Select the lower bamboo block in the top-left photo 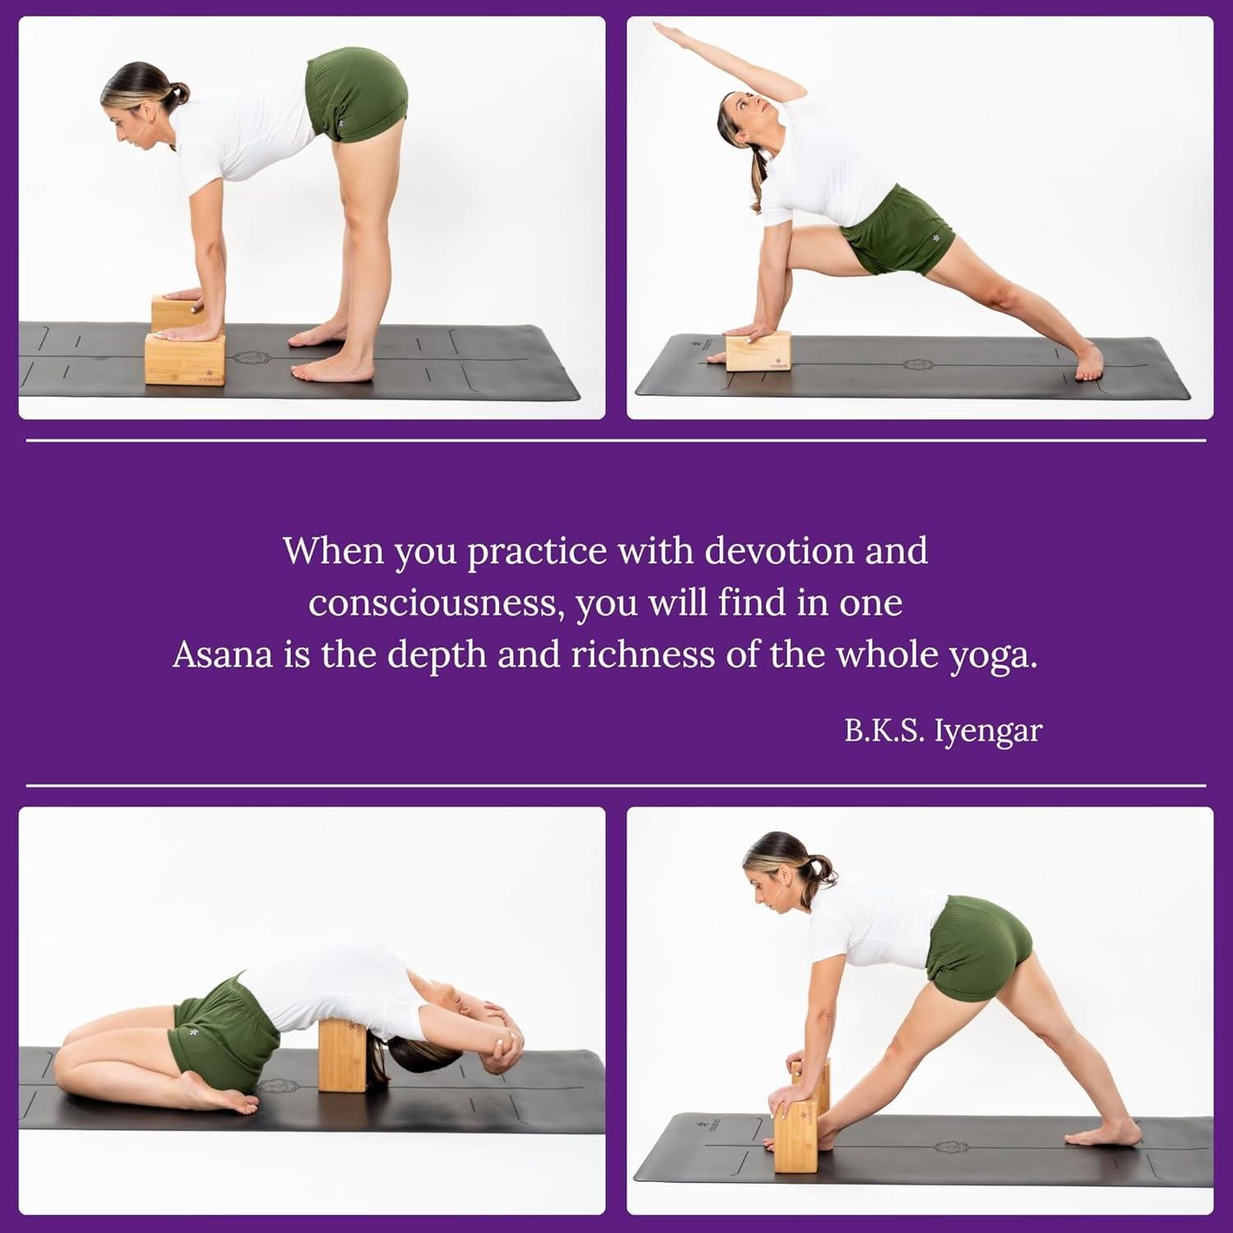point(185,359)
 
